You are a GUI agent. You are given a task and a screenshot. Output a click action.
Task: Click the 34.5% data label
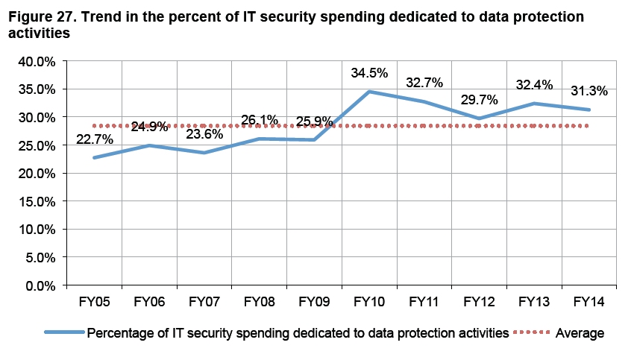coord(369,73)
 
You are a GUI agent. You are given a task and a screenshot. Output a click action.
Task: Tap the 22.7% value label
coord(95,139)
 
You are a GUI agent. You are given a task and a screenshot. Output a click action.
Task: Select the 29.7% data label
coord(479,100)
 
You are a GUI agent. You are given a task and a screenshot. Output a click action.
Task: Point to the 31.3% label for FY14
coord(589,91)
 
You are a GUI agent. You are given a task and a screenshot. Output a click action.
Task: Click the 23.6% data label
coord(204,134)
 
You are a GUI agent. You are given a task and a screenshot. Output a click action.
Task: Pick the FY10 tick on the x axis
coord(369,303)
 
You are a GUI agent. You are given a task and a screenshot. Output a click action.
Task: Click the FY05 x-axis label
coord(95,303)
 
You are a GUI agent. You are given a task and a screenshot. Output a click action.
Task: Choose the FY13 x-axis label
coord(534,303)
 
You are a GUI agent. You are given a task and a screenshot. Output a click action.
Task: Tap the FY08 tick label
coord(260,303)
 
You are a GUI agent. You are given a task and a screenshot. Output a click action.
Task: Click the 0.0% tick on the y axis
coord(40,285)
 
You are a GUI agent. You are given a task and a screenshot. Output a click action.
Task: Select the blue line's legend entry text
coord(298,332)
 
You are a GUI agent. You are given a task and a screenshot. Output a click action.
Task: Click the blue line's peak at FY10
coord(369,92)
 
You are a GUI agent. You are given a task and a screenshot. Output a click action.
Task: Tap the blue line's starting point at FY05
coord(95,158)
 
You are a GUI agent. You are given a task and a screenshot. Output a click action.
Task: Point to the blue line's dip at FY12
coord(479,119)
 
